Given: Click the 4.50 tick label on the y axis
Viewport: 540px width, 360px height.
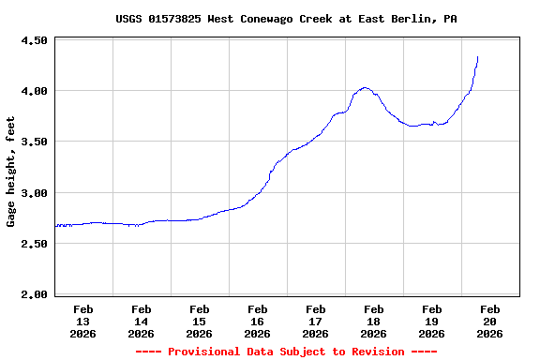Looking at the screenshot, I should pos(34,41).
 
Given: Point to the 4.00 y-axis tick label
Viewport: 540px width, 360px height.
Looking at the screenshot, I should pos(34,92).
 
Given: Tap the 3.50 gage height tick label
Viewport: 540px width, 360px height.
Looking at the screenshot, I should pos(34,142).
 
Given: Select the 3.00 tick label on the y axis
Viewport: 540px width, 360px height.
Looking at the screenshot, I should pos(34,193).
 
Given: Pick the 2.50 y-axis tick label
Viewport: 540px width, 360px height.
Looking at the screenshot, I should pos(34,244).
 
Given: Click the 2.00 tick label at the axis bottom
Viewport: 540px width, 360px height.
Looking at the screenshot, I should pos(34,294).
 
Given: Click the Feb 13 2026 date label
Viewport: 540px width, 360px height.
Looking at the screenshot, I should pos(82,321).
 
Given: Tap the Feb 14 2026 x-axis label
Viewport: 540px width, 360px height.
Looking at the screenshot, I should pos(141,321).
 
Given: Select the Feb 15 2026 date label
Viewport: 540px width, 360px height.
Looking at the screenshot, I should pos(199,321).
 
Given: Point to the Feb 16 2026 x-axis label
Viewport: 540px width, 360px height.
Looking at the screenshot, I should pos(257,321).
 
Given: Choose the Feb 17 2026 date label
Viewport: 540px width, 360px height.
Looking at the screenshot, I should pos(315,321).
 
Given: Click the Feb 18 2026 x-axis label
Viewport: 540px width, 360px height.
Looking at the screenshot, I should pos(373,321).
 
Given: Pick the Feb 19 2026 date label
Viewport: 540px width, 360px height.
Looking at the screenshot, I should pos(431,321).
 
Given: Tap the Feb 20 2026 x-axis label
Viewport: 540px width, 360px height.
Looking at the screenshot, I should pos(489,321).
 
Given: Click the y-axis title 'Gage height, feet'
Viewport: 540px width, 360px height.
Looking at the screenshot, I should pos(11,172).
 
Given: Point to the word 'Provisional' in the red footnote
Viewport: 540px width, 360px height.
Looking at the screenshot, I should pos(207,352).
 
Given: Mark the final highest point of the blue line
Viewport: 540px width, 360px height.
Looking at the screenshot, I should pos(478,57).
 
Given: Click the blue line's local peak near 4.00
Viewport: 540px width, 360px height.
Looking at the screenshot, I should pos(365,88).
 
